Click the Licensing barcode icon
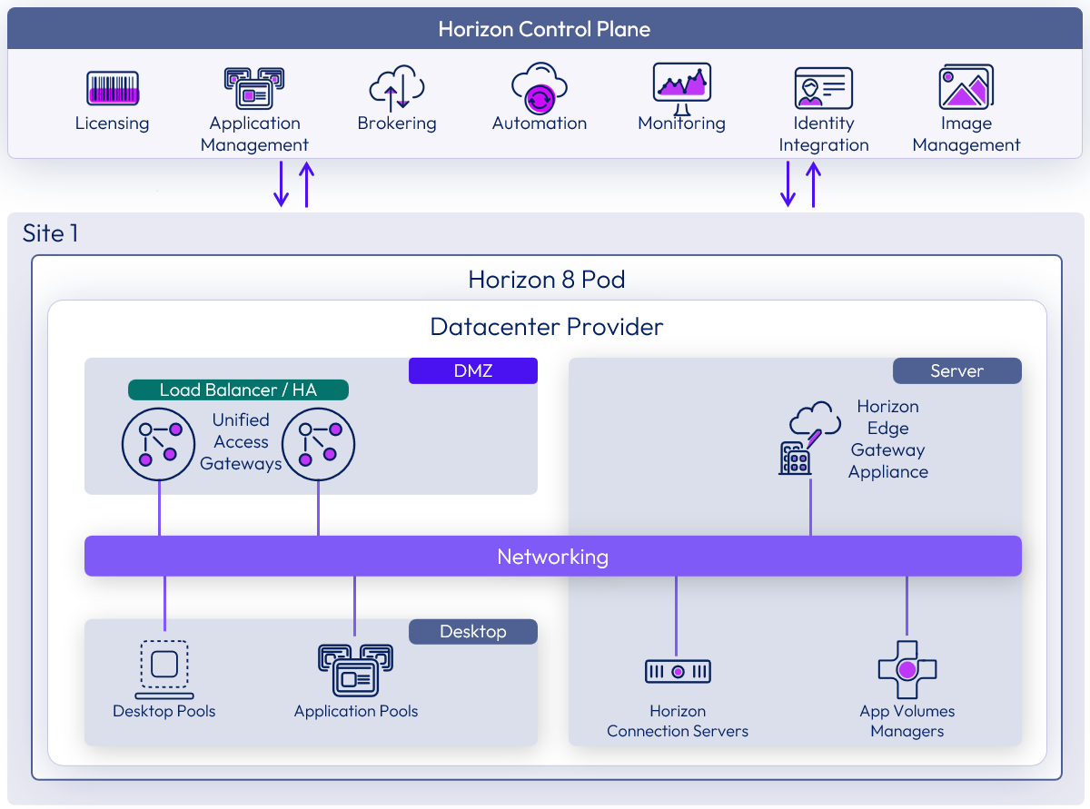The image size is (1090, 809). tap(113, 89)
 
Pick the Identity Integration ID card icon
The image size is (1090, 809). tap(823, 89)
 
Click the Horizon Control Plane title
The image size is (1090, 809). tap(544, 29)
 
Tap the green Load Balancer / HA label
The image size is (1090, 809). tap(238, 390)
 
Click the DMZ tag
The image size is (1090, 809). tap(472, 370)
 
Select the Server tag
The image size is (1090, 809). tap(956, 370)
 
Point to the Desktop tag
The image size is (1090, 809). tap(472, 631)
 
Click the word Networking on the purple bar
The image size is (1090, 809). tap(552, 556)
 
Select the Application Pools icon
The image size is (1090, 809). tap(355, 670)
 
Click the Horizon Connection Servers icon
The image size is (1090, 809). tap(678, 671)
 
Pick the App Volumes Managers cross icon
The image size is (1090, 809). tap(907, 670)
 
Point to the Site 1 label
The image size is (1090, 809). tap(51, 233)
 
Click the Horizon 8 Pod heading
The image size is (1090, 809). tap(546, 279)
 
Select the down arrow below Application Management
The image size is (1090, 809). tap(282, 184)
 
